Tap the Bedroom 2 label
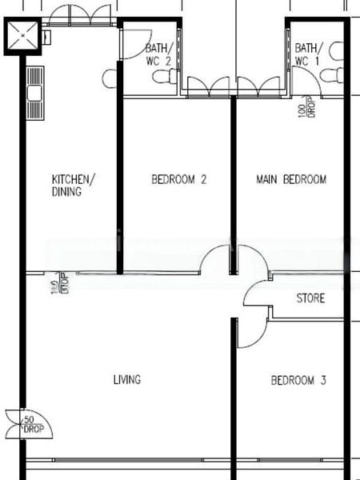(179, 180)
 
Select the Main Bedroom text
(291, 180)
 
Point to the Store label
(310, 299)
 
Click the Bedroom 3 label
(298, 381)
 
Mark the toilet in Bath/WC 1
(328, 74)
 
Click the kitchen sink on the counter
(35, 89)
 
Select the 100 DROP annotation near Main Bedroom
(303, 109)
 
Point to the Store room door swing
(256, 294)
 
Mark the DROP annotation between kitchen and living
(55, 283)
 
